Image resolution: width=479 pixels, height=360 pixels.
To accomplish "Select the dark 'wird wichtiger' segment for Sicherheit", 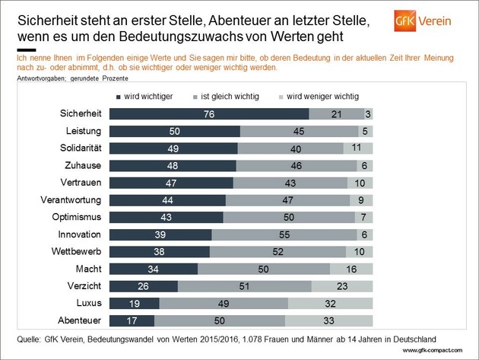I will pos(209,113).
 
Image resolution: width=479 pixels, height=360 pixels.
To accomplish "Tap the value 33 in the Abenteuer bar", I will pos(328,320).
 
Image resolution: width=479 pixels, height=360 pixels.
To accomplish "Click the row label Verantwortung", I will pos(73,200).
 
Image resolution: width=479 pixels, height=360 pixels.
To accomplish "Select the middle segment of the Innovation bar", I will pos(282,234).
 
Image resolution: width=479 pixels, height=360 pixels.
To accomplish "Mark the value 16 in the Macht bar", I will pos(351,269).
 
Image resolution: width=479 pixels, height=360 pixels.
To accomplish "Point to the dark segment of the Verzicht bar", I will pos(144,286).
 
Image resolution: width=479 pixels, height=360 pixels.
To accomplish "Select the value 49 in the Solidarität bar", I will pos(173,148).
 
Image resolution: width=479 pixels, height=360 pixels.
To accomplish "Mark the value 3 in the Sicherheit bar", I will pos(368,113).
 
